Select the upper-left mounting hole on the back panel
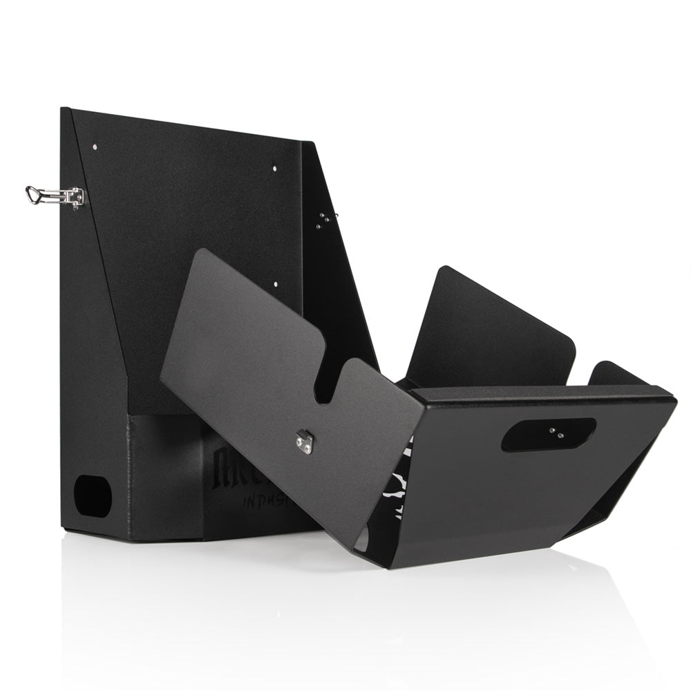point(94,146)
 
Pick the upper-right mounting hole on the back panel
point(274,167)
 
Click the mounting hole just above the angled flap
point(275,283)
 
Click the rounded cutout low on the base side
point(93,495)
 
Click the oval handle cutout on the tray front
point(548,435)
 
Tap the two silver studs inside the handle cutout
point(555,433)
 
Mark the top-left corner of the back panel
point(63,109)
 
